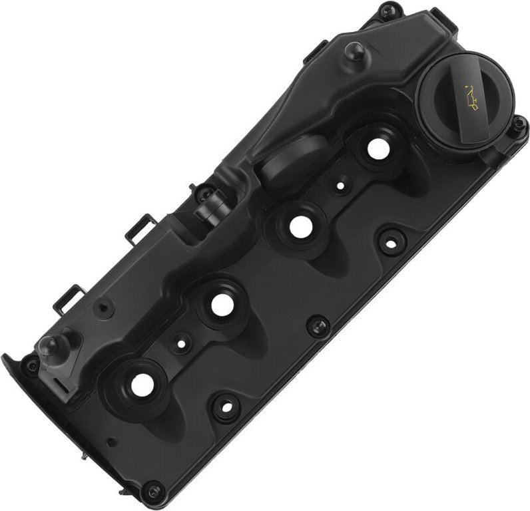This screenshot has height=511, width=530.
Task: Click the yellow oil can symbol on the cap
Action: click(471, 99)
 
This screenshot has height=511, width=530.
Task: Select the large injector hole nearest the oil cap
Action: click(378, 150)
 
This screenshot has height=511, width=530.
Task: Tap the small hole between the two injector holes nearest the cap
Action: click(340, 188)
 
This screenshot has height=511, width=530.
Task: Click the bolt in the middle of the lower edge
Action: click(318, 325)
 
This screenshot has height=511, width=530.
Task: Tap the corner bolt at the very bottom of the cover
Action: click(154, 491)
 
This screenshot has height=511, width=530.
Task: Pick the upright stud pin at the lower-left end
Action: click(48, 345)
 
